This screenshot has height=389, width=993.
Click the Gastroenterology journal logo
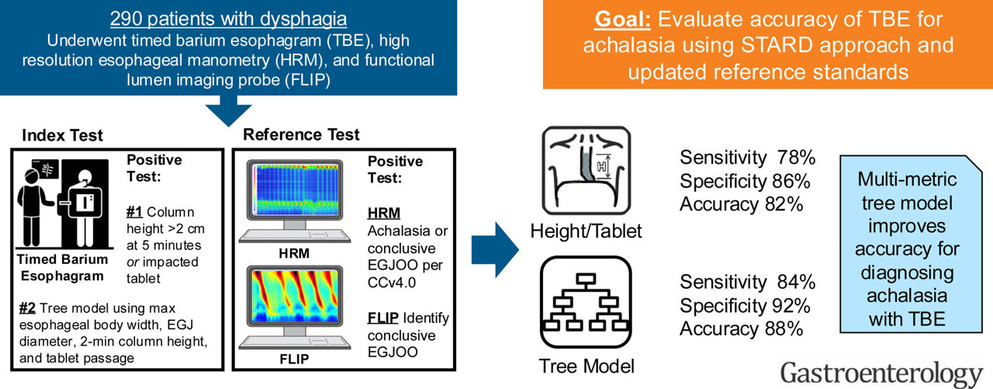(x=881, y=373)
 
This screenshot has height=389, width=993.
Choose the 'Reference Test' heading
(x=301, y=134)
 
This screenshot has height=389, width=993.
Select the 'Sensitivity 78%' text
(x=747, y=158)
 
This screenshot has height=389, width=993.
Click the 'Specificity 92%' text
(x=747, y=305)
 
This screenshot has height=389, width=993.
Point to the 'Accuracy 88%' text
(x=741, y=328)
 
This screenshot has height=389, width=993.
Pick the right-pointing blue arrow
(x=508, y=248)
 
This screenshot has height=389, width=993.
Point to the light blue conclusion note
(x=907, y=248)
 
